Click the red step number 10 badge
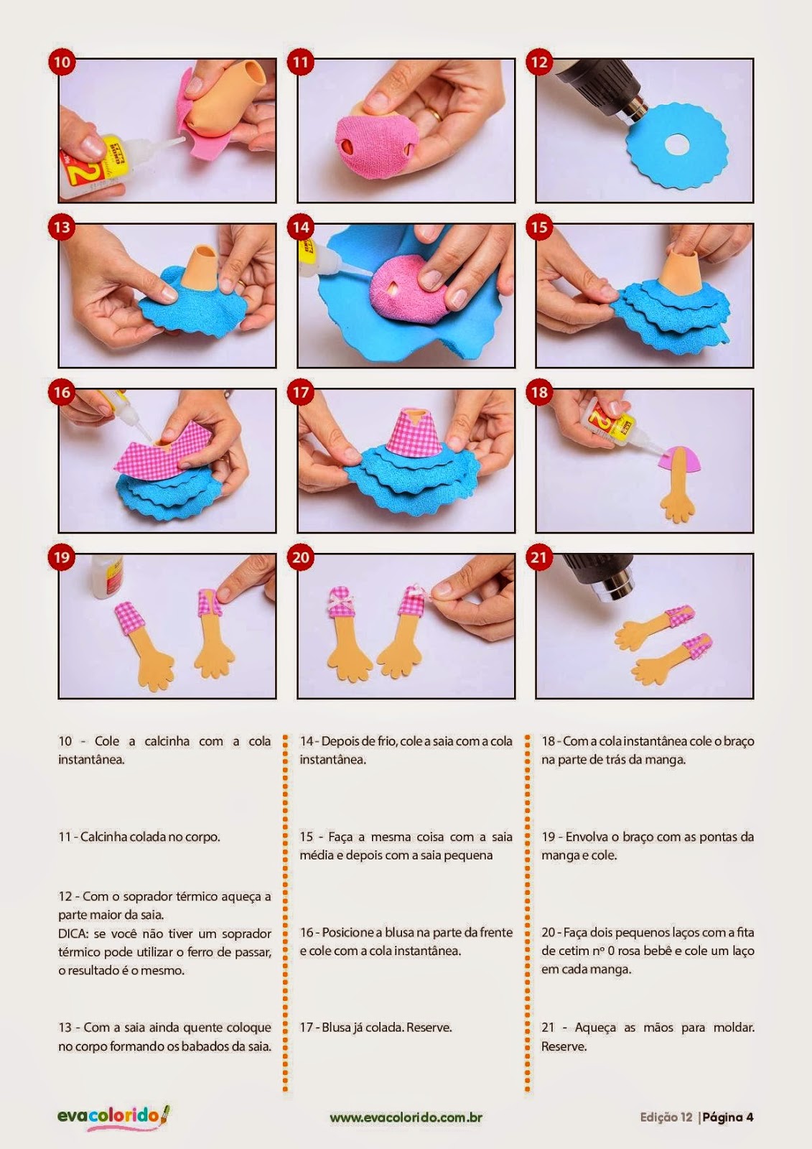[62, 62]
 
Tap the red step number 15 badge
[539, 227]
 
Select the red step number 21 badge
[539, 557]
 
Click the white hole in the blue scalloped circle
[675, 146]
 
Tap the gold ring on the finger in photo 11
[434, 113]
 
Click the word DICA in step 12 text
[73, 934]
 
